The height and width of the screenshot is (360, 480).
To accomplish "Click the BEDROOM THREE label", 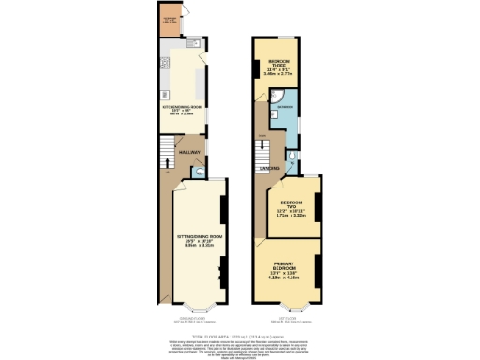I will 277,66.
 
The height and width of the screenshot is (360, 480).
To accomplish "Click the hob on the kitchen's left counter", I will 164,65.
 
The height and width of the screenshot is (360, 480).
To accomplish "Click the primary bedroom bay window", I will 288,307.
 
